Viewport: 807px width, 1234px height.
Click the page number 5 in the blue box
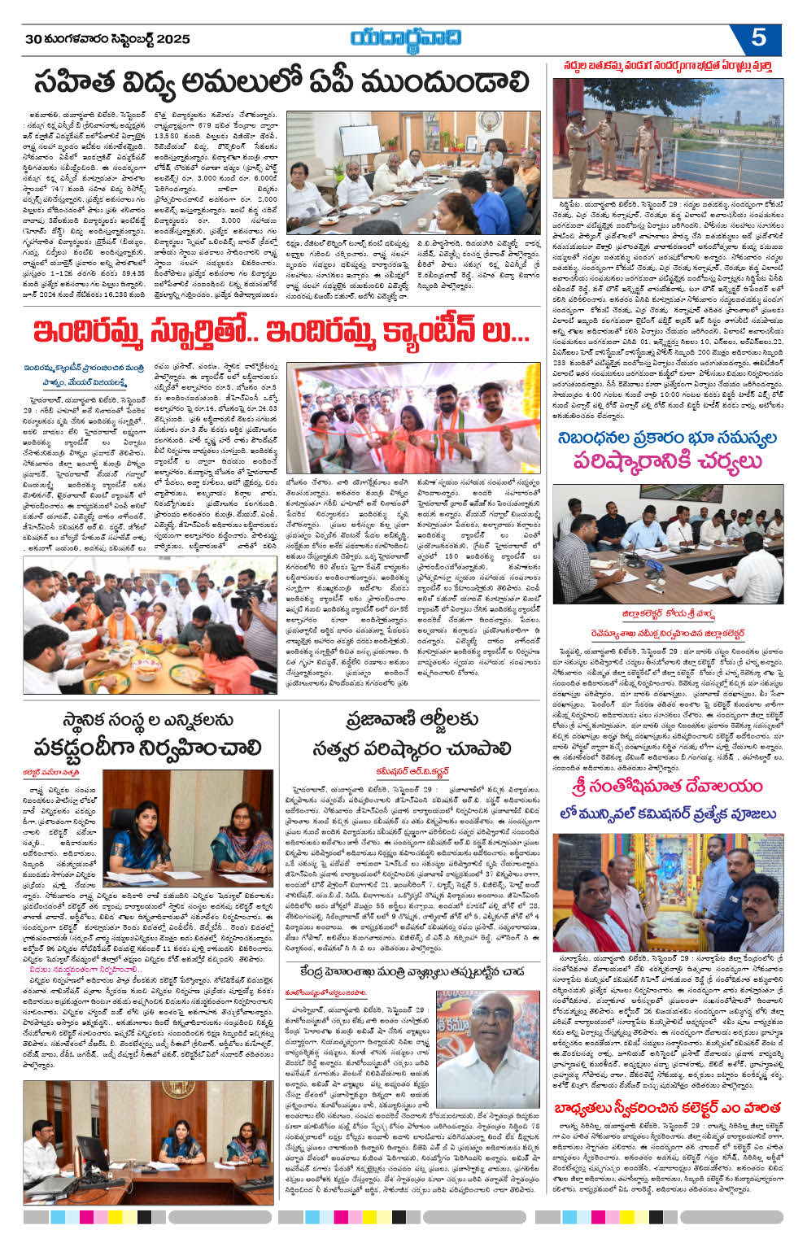(758, 38)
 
